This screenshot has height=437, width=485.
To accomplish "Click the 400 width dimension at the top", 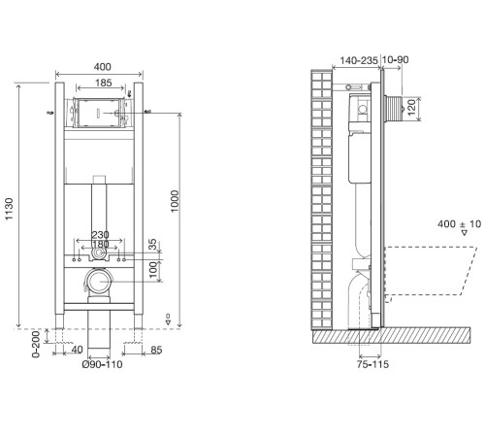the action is pos(102,67).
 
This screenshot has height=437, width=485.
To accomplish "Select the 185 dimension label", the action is pos(104,83).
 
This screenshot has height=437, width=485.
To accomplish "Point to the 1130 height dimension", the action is pos(9,209).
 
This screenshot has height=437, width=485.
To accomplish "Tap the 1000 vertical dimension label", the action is pos(175,201).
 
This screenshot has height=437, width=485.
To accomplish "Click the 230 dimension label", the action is pos(100,235).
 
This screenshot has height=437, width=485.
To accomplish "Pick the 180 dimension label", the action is pos(100,244).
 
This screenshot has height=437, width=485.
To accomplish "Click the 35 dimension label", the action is pos(152,245).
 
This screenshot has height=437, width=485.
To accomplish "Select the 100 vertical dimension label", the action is pos(152,270).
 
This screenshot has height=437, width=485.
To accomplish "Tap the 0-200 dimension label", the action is pos(36,344).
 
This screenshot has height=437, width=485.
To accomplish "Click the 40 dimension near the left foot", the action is pos(77,350).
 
